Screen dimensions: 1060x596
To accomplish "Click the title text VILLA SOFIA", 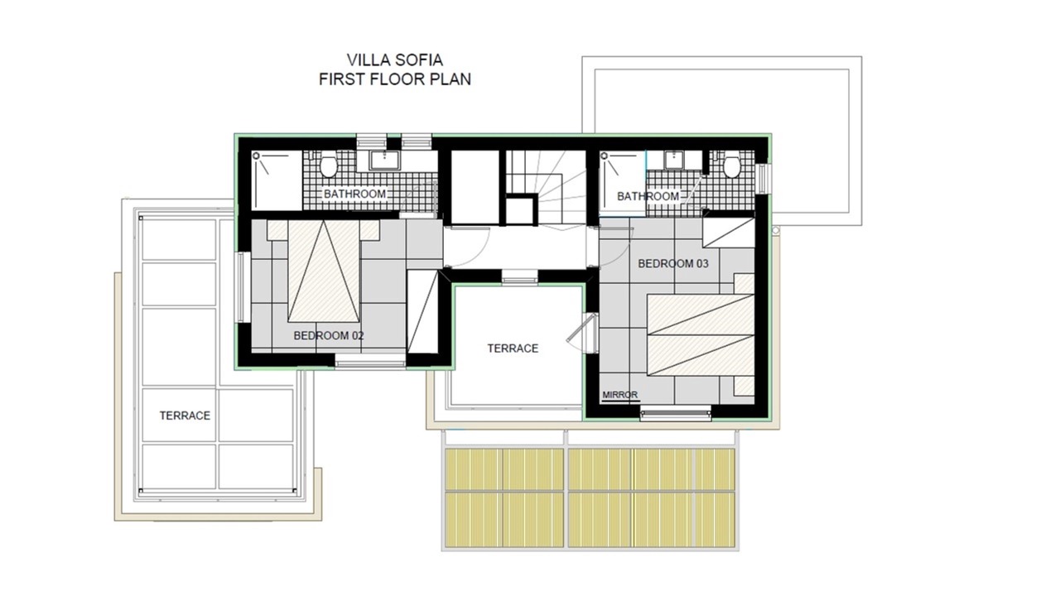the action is [395, 60].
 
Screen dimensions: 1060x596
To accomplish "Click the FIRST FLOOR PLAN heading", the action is [395, 79].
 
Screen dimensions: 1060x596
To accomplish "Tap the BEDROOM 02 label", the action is [329, 336].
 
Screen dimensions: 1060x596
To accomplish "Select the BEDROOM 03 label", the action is [673, 264].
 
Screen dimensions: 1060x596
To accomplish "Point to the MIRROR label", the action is [620, 395].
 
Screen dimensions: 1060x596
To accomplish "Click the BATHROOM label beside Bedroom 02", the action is [354, 194].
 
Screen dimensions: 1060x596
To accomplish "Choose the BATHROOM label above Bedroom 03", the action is [648, 196].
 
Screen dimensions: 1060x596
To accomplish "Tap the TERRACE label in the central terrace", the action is [513, 348].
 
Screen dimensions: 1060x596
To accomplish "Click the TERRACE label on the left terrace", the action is [185, 416].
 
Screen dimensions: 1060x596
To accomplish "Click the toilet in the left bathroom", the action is [329, 165].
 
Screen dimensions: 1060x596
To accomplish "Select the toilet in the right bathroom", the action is [731, 165].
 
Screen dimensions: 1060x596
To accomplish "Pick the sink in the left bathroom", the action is [385, 161].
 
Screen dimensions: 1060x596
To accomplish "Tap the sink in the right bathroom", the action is [673, 160].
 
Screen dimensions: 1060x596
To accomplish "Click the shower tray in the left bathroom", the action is [277, 180].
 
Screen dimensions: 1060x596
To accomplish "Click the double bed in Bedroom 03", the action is [701, 335].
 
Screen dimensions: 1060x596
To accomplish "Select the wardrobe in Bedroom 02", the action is [422, 312].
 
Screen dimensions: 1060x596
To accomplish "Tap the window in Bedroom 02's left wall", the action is [243, 287].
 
